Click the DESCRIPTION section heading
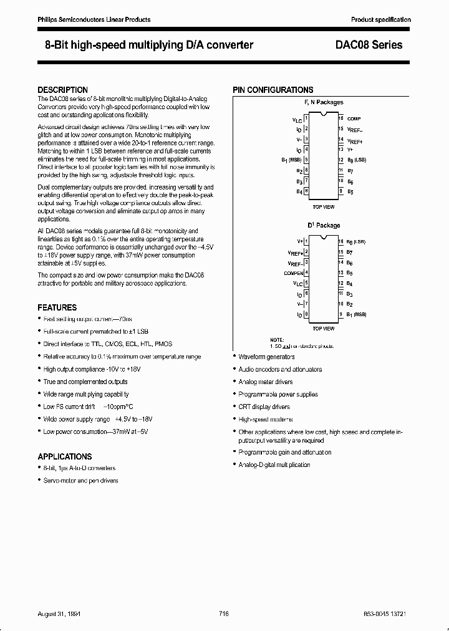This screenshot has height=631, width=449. click(x=62, y=90)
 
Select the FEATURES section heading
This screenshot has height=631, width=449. click(x=57, y=307)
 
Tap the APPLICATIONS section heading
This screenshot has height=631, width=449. click(x=65, y=456)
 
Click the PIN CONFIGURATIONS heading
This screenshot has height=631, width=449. click(x=273, y=90)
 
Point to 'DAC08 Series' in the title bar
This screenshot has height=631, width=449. click(x=373, y=45)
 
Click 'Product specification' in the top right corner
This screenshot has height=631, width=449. click(x=380, y=20)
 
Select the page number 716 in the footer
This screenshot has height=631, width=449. click(x=224, y=614)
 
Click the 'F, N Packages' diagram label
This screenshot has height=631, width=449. click(x=323, y=102)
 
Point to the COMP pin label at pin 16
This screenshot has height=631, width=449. click(x=354, y=118)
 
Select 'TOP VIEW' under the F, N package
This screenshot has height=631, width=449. click(x=323, y=206)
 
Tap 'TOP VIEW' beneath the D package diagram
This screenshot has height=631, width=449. click(x=323, y=329)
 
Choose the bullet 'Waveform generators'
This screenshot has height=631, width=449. click(x=266, y=357)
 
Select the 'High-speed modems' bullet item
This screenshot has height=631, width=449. click(x=266, y=420)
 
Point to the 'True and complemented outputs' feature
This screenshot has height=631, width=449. click(x=85, y=382)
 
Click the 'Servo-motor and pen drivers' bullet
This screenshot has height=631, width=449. click(x=80, y=481)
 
